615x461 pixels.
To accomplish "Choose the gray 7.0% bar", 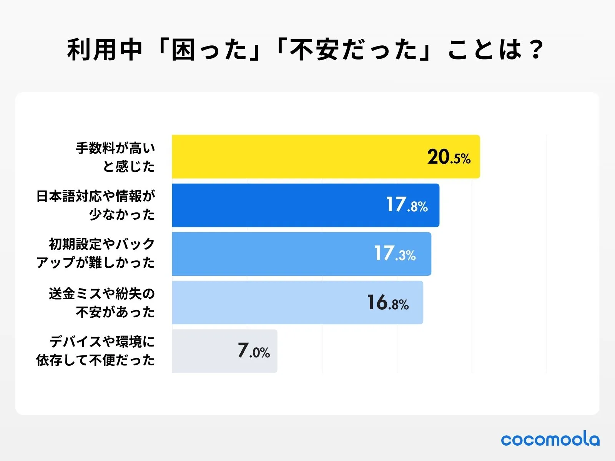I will (x=204, y=351).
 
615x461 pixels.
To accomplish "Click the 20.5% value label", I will (x=449, y=157).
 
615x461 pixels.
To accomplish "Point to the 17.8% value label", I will (x=407, y=205).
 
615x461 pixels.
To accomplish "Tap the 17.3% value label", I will (x=395, y=254).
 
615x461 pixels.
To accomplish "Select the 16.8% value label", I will (x=387, y=303).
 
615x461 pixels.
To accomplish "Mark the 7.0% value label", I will (x=254, y=351).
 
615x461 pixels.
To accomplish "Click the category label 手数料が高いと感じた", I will (x=115, y=157).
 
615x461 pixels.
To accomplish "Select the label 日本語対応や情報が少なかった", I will (x=96, y=205).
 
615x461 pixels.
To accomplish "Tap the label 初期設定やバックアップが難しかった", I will (x=96, y=254).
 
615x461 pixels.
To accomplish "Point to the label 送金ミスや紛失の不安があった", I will (x=102, y=303).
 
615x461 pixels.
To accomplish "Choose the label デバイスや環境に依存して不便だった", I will (x=96, y=351).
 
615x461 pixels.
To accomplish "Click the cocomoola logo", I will (x=550, y=439).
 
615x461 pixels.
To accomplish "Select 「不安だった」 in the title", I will (x=354, y=50).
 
